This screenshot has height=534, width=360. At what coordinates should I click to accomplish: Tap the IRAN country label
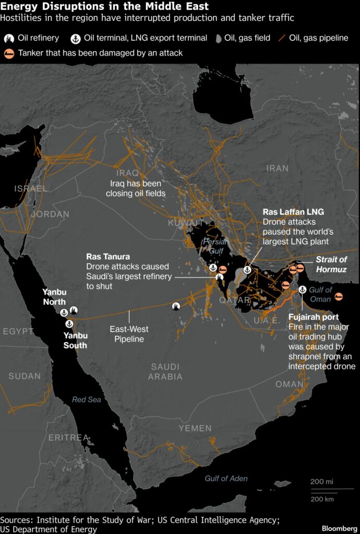(x=277, y=168)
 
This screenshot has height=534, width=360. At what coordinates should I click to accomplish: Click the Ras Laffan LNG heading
(x=293, y=212)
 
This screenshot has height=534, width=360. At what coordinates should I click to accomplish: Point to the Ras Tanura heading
(x=108, y=257)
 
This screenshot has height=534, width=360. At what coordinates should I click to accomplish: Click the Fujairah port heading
(x=313, y=317)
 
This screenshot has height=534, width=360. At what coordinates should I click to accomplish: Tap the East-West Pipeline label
(x=129, y=334)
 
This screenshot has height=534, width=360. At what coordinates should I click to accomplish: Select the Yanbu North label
(x=55, y=298)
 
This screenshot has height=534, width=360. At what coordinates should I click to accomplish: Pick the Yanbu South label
(x=75, y=340)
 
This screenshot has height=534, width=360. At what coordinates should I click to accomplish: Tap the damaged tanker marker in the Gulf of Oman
(x=339, y=296)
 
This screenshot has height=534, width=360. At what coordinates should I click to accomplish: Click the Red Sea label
(x=87, y=399)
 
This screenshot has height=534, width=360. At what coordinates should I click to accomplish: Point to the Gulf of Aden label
(x=226, y=478)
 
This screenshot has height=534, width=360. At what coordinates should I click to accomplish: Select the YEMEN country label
(x=195, y=428)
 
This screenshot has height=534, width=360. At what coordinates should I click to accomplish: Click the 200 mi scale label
(x=321, y=481)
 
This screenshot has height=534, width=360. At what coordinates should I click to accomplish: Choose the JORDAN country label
(x=50, y=214)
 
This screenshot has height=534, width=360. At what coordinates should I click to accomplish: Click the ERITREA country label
(x=68, y=438)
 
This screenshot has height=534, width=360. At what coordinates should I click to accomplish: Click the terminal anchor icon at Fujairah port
(x=302, y=289)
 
